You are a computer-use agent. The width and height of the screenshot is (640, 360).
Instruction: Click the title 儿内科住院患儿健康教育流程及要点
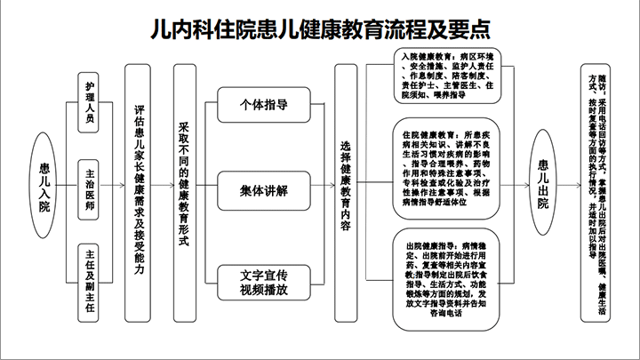[320, 27]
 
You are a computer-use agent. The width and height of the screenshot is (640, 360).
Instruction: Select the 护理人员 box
[90, 101]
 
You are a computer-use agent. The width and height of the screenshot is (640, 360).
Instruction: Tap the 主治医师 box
[90, 188]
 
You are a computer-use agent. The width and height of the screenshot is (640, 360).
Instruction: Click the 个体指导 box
[264, 104]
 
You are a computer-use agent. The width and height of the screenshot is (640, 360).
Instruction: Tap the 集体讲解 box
[264, 188]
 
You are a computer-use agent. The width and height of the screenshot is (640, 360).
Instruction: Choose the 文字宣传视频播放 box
[264, 281]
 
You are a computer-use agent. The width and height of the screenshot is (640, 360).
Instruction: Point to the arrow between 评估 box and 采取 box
[161, 188]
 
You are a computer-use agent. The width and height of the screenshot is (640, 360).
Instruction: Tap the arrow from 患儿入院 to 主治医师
[67, 188]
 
